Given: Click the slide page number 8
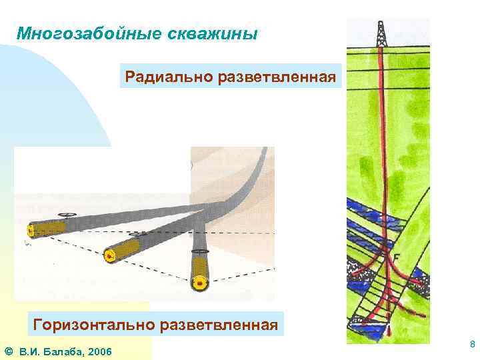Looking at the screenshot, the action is (472, 345).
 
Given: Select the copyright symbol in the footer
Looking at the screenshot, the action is (8, 351).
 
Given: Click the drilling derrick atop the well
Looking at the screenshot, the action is (381, 33).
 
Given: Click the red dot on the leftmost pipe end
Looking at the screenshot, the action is (31, 231).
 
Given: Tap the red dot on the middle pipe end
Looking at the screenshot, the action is (107, 255).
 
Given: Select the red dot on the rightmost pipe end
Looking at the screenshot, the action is (199, 282).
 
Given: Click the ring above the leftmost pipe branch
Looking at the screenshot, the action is (67, 215).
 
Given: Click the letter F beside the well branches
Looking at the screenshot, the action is (397, 256).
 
